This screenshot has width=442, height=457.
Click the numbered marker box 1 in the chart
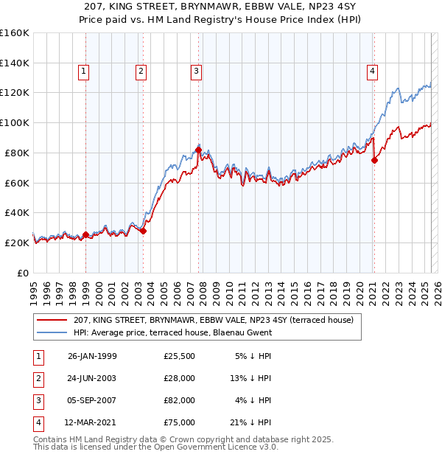pos(84,71)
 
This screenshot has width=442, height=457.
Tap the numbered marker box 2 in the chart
pos(140,71)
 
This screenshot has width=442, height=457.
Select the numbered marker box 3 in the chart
pos(197,71)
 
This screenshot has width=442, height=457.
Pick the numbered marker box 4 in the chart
pos(373,71)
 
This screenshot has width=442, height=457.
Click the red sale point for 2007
pos(199,150)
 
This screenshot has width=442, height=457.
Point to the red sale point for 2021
pos(374,160)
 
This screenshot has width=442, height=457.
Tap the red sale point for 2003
pos(144,231)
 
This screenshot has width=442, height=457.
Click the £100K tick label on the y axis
pos(15,122)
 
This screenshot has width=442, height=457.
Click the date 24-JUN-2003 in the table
pos(92,377)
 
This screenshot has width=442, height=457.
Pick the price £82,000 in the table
pos(180,400)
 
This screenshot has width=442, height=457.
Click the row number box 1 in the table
pos(38,356)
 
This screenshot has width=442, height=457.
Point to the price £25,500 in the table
pos(180,356)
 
